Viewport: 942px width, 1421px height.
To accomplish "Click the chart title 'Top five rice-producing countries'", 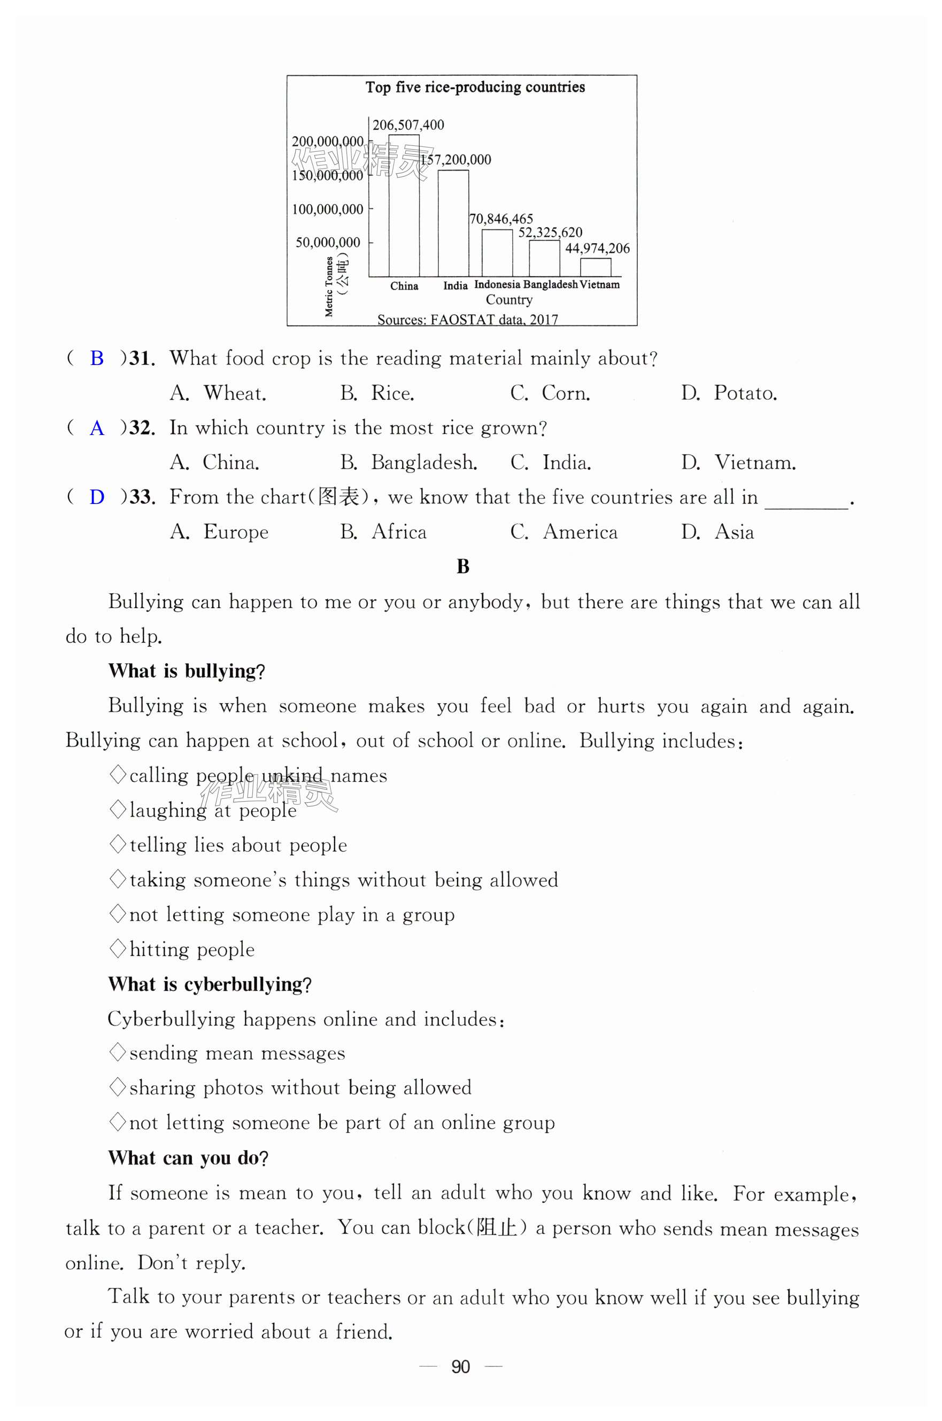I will coord(475,87).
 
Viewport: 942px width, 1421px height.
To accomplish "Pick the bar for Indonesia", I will coord(497,253).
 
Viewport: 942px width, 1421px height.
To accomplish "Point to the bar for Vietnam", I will coord(596,267).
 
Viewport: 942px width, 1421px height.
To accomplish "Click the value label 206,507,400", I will coord(408,125).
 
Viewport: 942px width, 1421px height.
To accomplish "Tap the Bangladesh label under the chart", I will coord(550,285).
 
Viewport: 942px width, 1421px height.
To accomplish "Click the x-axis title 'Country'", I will coord(509,300).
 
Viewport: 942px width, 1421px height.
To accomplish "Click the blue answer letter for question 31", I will coord(97,359).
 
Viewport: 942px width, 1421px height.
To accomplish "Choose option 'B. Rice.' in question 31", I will coord(377,393).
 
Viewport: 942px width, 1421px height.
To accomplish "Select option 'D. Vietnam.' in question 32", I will coord(738,462).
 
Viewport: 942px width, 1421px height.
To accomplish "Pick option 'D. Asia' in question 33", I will coord(717,532).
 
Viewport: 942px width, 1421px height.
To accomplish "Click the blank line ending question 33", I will coord(806,503).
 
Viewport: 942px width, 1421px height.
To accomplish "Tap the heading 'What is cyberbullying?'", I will coord(210,984).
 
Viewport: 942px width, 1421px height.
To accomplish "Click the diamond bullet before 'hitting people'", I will coord(118,949).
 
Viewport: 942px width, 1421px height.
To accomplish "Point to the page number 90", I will coord(460,1367).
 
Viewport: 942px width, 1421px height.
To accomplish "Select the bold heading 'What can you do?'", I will coord(188,1158).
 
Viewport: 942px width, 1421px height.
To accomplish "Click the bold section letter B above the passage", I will coord(462,566).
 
